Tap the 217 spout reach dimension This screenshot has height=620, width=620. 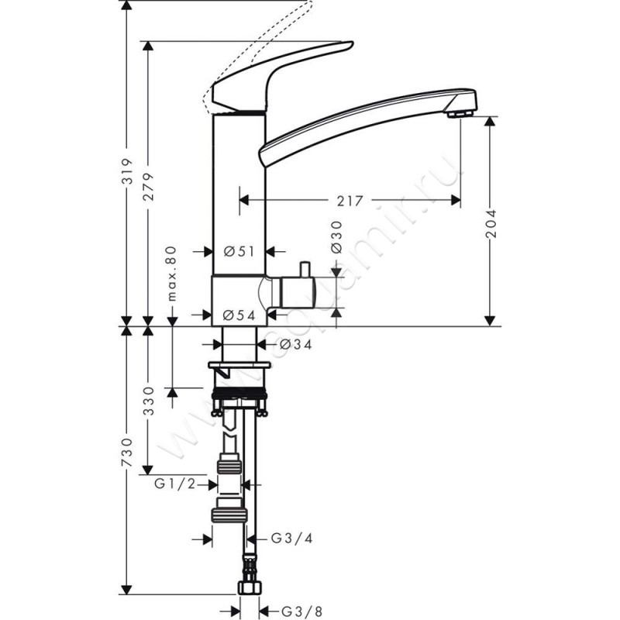click(x=350, y=201)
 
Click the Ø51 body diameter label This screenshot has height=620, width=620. click(x=239, y=251)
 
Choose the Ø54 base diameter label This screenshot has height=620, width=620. click(x=239, y=315)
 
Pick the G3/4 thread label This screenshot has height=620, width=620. click(x=285, y=538)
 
